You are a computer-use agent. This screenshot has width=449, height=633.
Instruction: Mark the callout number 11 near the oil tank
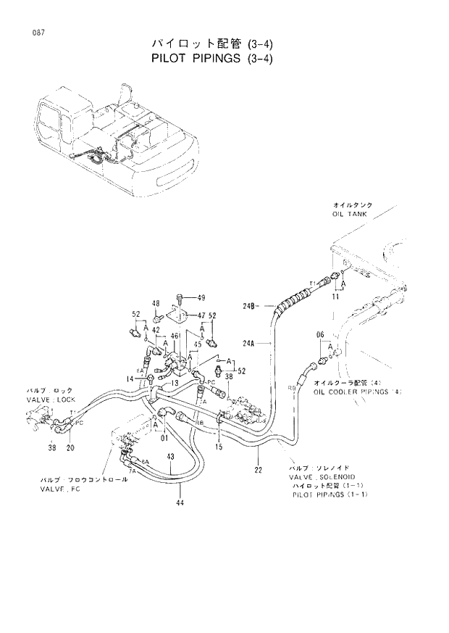[335, 297]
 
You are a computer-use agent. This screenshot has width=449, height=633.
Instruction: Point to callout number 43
[169, 457]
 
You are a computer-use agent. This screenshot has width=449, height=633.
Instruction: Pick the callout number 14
[130, 378]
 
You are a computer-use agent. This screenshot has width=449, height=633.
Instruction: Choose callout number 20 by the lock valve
[70, 447]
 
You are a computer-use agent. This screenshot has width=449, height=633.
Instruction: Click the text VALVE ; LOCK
[51, 399]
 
